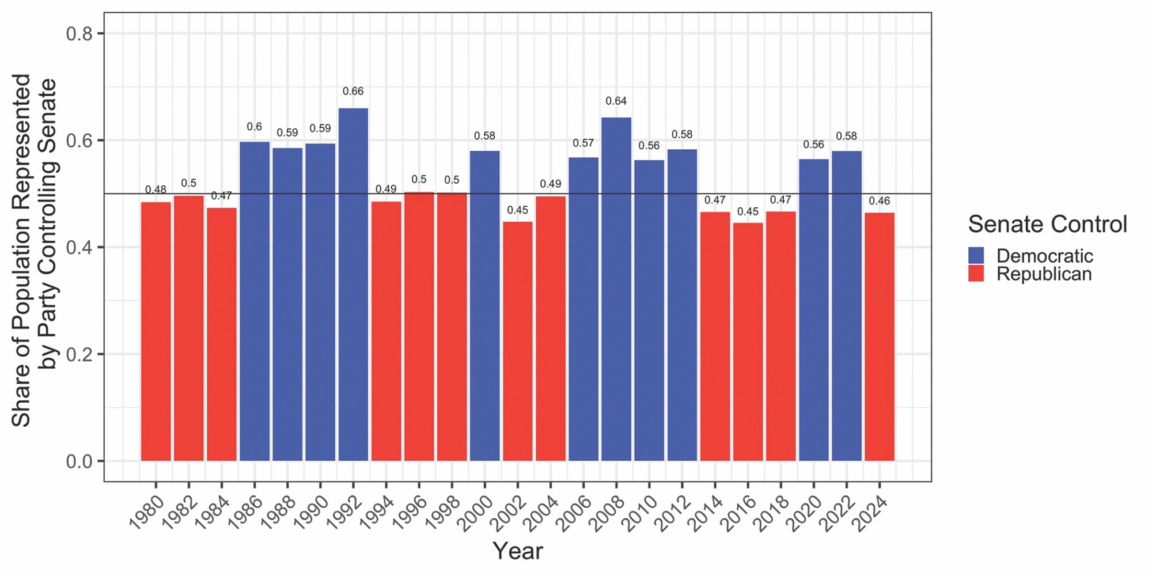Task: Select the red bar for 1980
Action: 156,331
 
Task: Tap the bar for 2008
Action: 616,289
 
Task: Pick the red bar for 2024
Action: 880,336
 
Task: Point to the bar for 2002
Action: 518,341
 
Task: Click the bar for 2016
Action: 748,342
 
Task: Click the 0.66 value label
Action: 353,91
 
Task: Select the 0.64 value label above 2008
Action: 616,101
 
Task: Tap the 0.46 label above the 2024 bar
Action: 880,201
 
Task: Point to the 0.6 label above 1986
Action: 254,127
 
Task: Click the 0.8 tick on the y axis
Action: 79,34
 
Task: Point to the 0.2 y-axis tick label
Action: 79,354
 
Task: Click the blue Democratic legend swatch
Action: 976,255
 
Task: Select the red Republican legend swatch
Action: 976,274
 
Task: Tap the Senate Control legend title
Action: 1047,224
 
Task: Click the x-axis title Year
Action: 517,551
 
